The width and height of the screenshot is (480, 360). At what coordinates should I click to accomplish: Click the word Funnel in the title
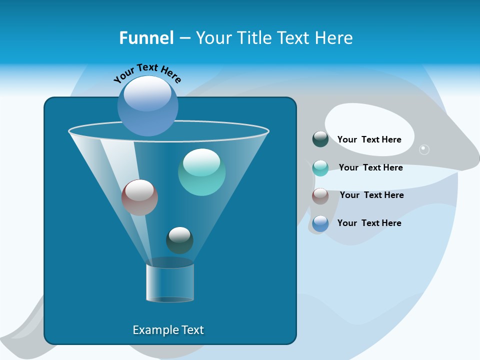click(146, 38)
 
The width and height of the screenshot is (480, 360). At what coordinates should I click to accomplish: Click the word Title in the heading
click(252, 38)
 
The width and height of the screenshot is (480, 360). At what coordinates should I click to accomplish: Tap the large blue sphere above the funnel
click(148, 105)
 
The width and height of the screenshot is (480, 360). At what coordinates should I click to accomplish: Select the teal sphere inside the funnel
click(201, 172)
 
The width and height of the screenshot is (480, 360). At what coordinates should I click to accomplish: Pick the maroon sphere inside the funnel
click(139, 197)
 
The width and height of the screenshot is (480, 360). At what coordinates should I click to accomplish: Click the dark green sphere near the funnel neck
click(179, 240)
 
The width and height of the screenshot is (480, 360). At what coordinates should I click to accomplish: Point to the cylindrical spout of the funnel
click(170, 283)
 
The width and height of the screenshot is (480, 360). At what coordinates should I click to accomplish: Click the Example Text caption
click(168, 330)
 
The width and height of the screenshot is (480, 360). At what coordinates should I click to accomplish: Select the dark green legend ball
click(320, 139)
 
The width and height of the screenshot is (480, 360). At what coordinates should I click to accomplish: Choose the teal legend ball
click(320, 167)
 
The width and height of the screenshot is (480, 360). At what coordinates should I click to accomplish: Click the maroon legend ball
click(320, 195)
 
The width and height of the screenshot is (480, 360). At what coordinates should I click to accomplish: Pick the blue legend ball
click(320, 223)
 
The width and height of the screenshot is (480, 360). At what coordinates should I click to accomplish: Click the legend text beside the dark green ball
click(369, 139)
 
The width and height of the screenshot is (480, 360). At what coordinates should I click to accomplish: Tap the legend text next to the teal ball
click(370, 167)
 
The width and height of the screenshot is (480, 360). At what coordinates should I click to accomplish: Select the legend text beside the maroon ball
click(371, 195)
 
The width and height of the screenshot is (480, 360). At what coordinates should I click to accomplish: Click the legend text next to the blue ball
click(369, 223)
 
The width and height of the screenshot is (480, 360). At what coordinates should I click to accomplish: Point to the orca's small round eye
click(424, 149)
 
